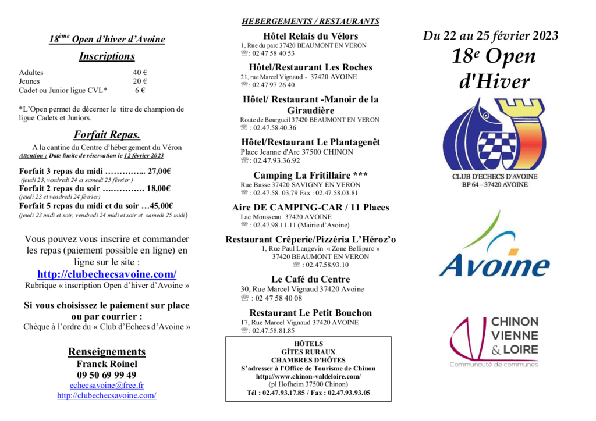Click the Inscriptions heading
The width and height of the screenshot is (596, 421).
107,56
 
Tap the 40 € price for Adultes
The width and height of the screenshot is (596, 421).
140,73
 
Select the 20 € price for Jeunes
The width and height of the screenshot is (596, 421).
140,81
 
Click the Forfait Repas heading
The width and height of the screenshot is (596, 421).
107,135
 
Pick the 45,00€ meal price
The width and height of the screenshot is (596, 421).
161,205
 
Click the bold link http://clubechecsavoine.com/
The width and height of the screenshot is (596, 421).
107,274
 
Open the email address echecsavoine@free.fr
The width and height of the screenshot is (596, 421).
107,385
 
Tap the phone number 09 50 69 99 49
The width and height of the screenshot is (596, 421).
107,374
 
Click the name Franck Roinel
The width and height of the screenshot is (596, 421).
107,363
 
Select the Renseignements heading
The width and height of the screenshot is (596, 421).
107,352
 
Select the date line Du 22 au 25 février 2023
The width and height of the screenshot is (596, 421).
491,35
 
